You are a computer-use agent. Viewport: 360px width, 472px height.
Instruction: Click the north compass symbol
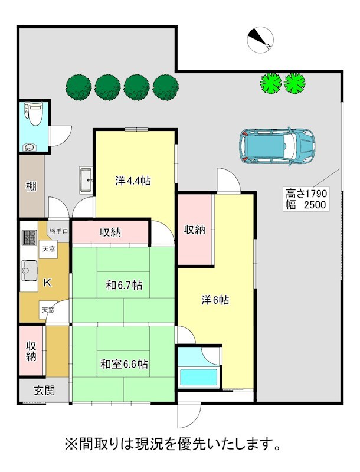point(260,40)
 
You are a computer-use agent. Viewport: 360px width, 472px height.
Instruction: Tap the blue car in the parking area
point(277,146)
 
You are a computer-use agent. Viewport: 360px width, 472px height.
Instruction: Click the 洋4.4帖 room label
point(133,181)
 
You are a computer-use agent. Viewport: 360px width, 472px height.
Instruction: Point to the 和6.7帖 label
point(124,285)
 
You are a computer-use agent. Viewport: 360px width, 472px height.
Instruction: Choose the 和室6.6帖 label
point(124,364)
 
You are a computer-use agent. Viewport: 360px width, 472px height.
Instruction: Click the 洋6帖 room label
point(215,300)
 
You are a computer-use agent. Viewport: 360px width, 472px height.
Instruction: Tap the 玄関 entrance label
point(44,391)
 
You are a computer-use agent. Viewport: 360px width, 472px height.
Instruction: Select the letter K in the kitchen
point(47,283)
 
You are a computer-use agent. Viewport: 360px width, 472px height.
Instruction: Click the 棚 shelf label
point(31,186)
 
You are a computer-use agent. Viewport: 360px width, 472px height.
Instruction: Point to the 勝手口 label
point(58,231)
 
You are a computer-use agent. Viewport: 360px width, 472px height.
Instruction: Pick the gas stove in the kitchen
point(29,238)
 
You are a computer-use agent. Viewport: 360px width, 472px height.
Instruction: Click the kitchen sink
point(30,271)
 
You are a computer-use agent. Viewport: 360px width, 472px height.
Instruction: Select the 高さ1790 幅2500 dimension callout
point(305,199)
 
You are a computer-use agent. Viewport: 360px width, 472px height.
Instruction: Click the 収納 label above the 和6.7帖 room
point(110,232)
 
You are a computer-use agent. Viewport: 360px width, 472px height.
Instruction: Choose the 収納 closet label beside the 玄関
point(31,350)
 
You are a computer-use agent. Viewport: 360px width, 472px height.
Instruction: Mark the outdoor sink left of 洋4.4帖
point(86,180)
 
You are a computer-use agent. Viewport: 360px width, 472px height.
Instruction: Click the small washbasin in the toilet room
point(29,147)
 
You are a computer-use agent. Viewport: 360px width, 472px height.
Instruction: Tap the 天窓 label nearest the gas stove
point(48,249)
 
